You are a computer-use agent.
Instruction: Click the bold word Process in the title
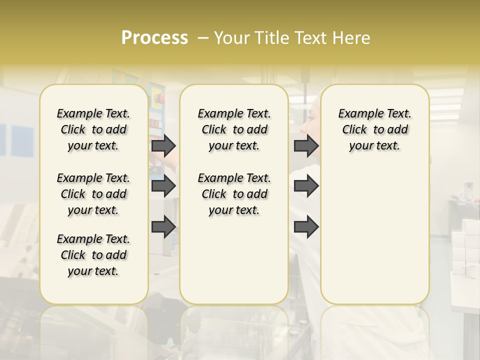point(154,38)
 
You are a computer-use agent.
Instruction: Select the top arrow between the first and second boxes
point(163,145)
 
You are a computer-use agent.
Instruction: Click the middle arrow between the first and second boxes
point(163,186)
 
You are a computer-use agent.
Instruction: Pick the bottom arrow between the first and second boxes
point(163,227)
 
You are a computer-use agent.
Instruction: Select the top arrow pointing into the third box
point(306,145)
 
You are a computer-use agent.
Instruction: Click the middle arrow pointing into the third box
point(306,186)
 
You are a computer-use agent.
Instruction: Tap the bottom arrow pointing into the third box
point(306,227)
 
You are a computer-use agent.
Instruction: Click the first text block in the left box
point(93,129)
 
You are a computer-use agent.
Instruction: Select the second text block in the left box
point(93,194)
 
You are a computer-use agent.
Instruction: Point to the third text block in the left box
point(93,255)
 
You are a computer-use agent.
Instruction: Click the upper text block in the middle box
point(234,129)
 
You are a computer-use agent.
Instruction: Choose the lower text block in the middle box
point(234,194)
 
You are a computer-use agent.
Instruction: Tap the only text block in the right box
point(374,129)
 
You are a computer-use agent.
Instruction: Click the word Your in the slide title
point(231,38)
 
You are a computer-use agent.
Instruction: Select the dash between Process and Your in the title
point(203,38)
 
